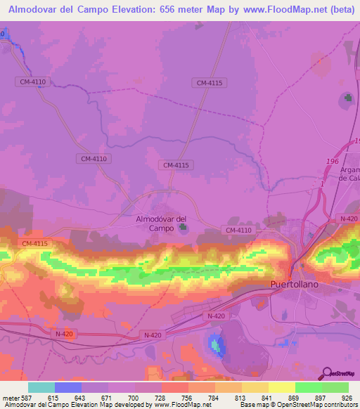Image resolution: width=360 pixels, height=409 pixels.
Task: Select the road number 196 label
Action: pos(331,162)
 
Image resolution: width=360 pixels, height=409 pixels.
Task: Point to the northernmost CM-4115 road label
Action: pos(210,83)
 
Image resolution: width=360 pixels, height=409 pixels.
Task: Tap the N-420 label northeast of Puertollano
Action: pos(349,219)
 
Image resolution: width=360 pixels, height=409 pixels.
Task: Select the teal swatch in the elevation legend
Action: pos(41,387)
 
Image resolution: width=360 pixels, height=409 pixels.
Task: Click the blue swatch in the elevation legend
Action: pos(67,387)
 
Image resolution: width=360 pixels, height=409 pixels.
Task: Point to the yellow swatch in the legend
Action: pos(281,387)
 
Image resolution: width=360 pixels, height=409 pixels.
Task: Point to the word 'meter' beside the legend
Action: pos(11,398)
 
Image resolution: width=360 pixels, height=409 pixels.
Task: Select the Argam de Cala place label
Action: pos(349,174)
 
